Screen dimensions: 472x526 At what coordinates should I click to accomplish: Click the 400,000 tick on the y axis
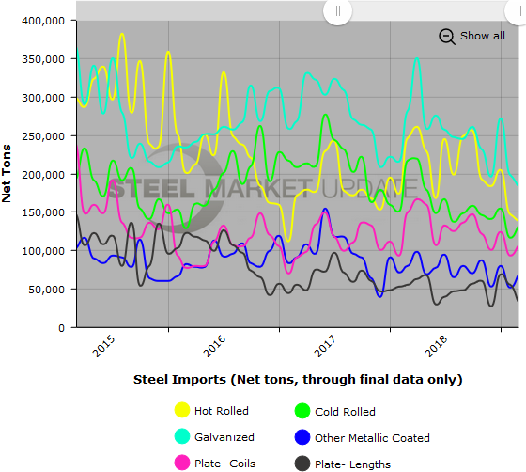click(43, 20)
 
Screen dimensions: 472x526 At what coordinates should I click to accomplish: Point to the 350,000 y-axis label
click(43, 58)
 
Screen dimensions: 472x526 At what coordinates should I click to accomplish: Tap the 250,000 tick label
click(43, 135)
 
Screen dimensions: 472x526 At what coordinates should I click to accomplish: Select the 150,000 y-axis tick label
click(43, 212)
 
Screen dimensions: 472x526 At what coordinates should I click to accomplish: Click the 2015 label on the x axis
click(104, 346)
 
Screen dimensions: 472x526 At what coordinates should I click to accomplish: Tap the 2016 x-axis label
click(215, 346)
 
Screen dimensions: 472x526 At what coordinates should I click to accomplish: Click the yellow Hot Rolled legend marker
click(182, 411)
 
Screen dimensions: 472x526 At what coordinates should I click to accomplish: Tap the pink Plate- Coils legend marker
click(182, 463)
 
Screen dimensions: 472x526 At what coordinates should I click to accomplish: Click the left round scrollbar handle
click(337, 11)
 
